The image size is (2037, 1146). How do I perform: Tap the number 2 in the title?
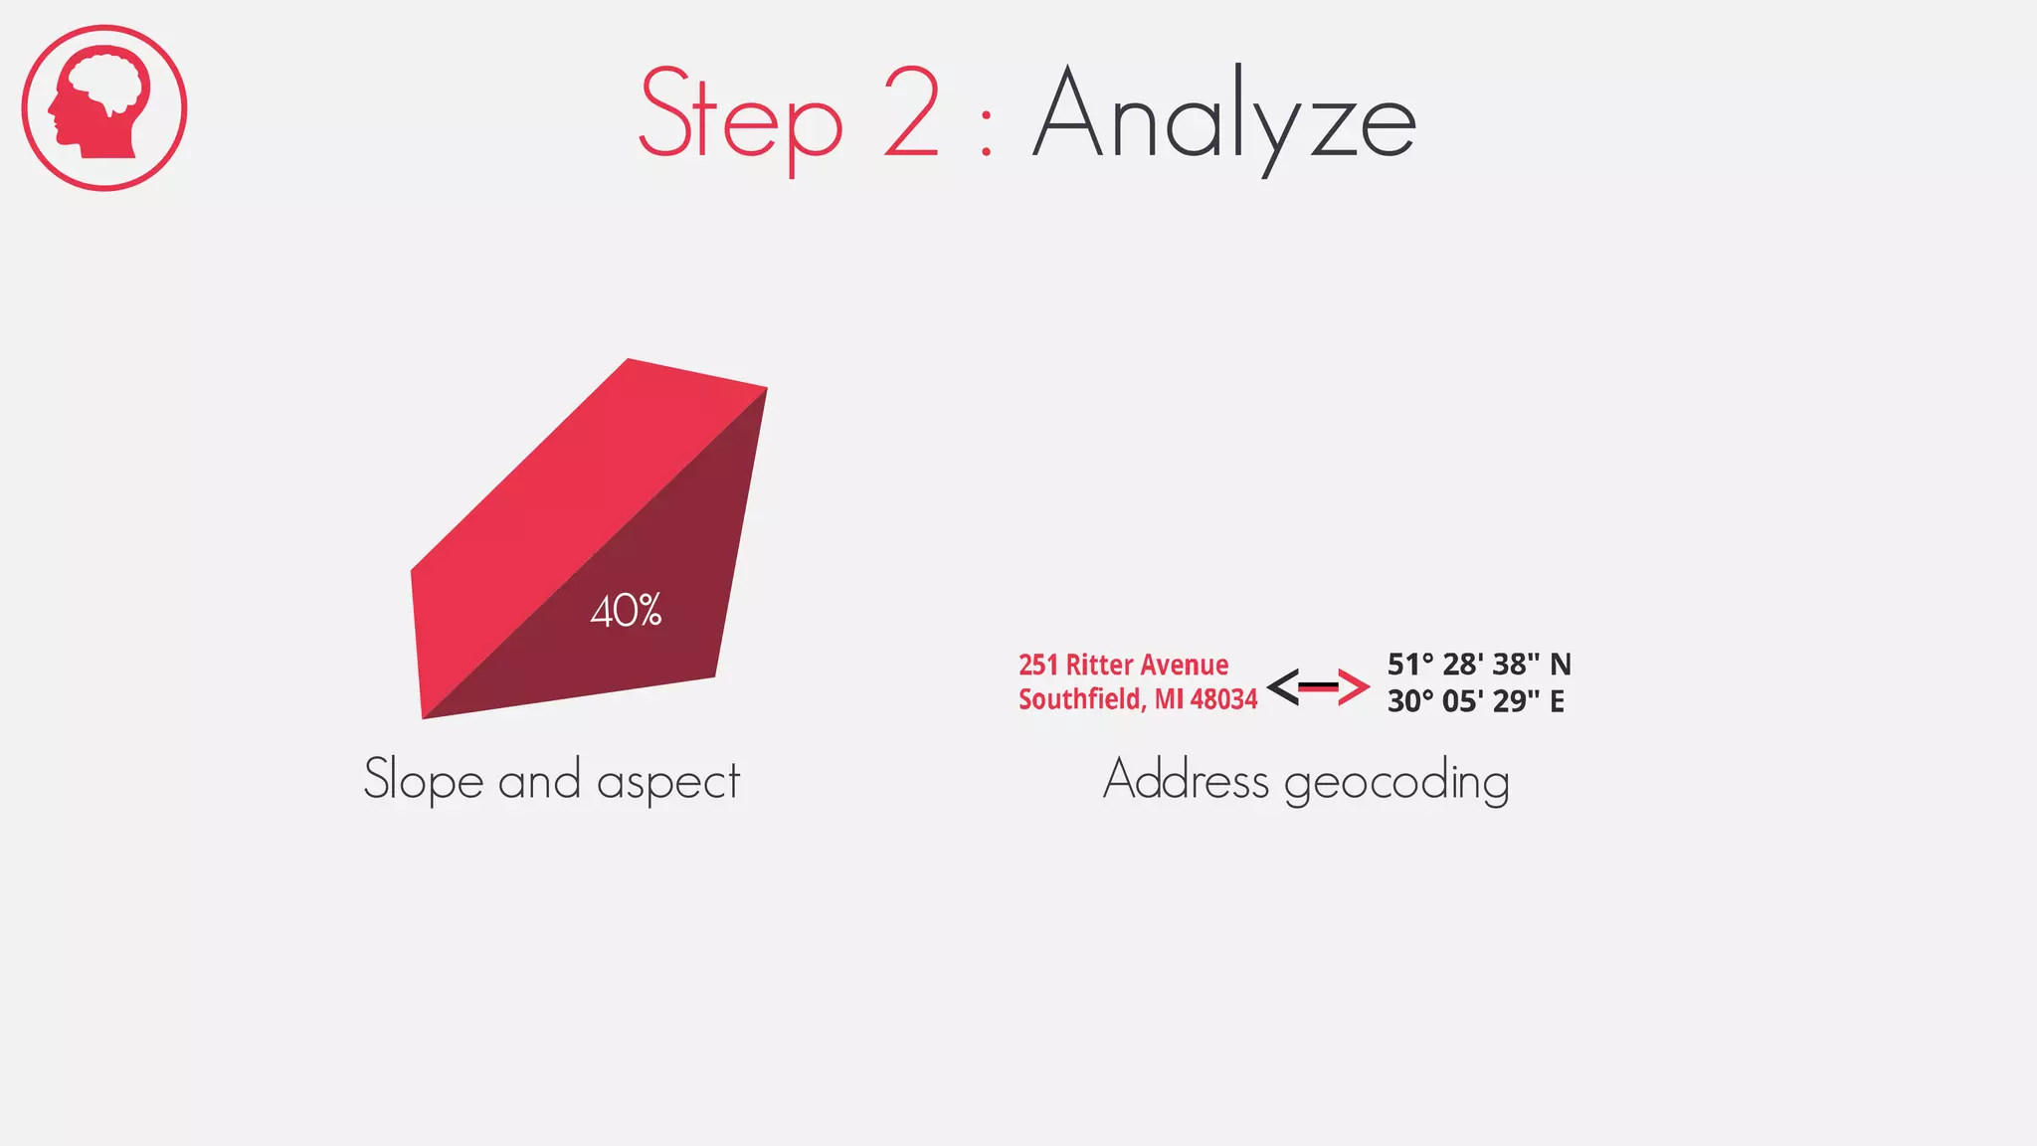911,111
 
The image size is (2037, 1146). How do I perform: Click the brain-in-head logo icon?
104,107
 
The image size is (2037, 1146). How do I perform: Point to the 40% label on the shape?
626,611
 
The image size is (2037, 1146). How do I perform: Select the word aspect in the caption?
668,781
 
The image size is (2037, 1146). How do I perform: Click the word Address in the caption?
1186,779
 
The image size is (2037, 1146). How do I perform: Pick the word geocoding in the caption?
1396,782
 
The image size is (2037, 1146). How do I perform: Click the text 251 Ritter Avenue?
1123,665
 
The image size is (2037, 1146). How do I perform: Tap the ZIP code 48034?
1223,699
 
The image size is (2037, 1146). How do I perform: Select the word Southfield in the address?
1080,699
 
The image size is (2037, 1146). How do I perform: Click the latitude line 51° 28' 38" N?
1478,665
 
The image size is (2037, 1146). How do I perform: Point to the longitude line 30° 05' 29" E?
1475,701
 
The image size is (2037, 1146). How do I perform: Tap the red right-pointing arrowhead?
1354,686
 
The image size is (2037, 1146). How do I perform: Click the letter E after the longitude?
1557,701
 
